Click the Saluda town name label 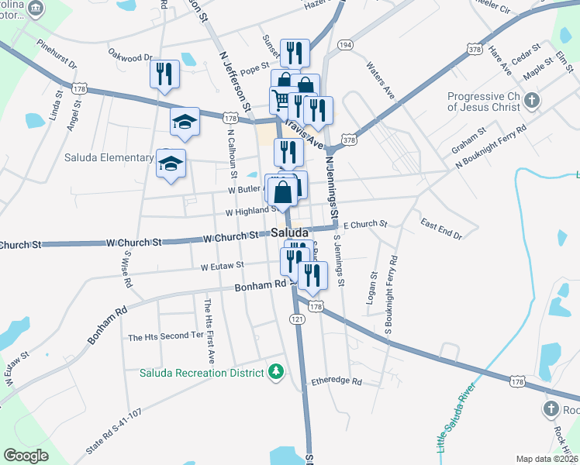click(x=289, y=232)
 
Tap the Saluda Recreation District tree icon click(x=274, y=374)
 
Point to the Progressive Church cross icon click(x=532, y=100)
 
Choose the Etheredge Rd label click(x=336, y=381)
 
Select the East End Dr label click(x=441, y=229)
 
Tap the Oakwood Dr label click(x=130, y=57)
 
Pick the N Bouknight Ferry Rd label click(x=491, y=146)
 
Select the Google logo click(x=26, y=456)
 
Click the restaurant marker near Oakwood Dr click(x=164, y=74)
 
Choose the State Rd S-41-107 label click(x=115, y=432)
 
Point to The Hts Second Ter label click(x=165, y=337)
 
